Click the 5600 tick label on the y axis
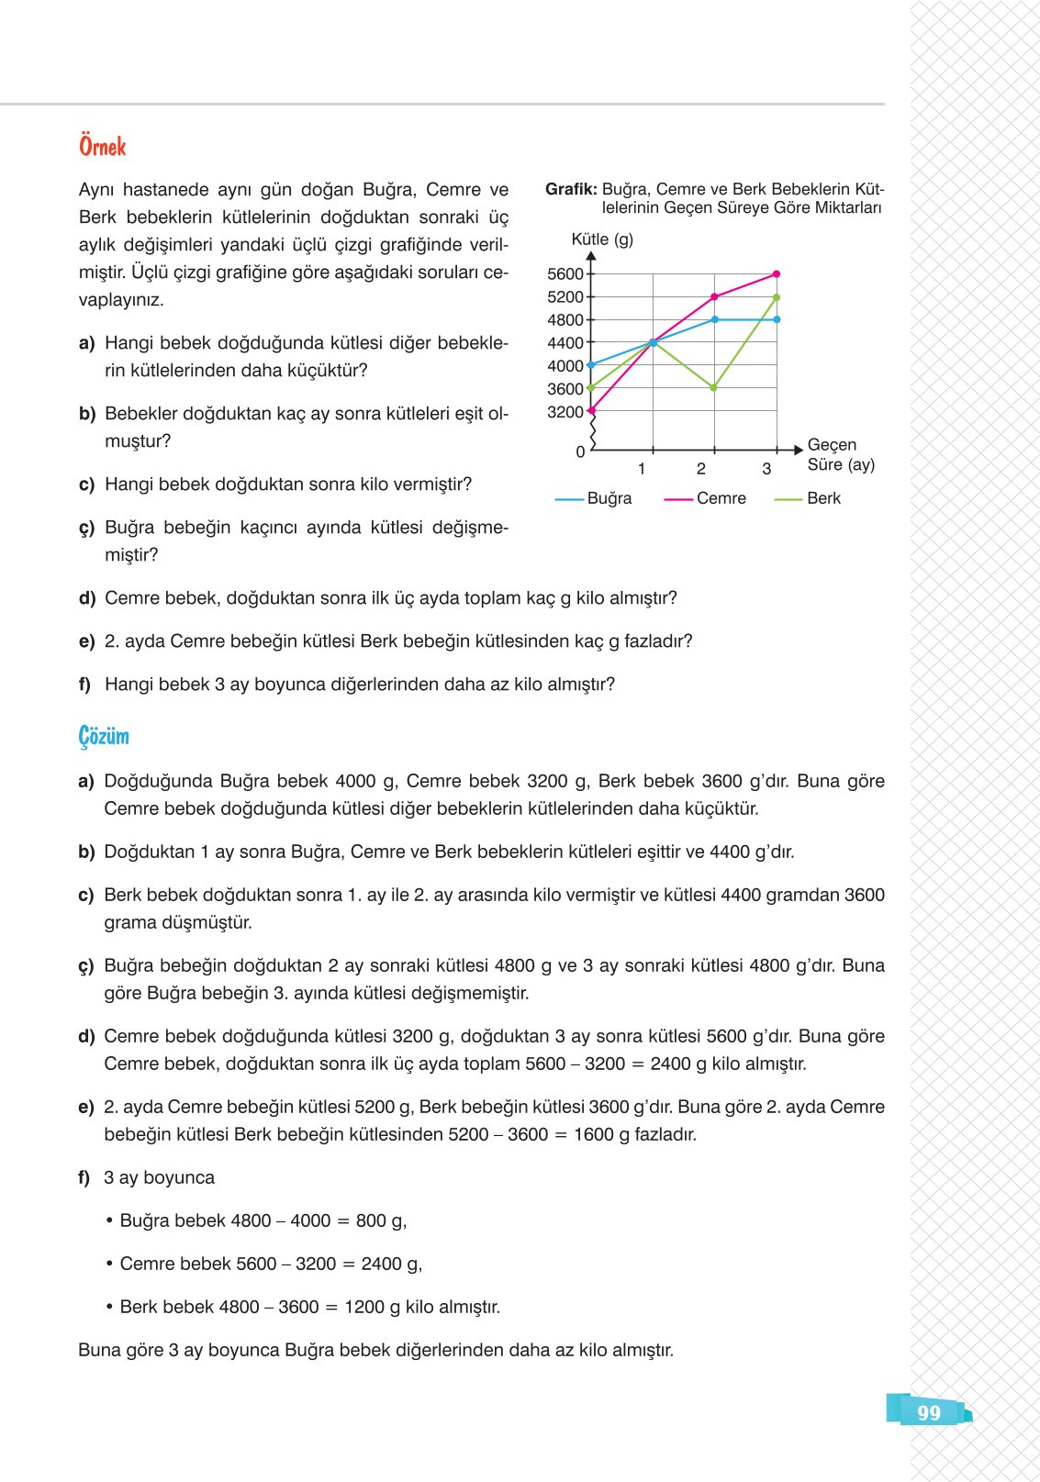[565, 274]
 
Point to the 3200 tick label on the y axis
[565, 412]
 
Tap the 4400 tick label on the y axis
[565, 343]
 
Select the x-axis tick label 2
[701, 469]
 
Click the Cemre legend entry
[721, 498]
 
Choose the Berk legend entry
[822, 498]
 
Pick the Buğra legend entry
[609, 498]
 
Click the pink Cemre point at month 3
[777, 274]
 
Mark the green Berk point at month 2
[714, 388]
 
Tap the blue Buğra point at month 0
[591, 365]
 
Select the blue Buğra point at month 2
[714, 319]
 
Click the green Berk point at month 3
[777, 297]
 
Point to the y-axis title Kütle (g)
[602, 240]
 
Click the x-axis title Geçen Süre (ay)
[839, 455]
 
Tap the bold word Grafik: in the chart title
[571, 189]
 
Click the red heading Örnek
[102, 147]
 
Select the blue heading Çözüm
[104, 737]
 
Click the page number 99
[928, 1413]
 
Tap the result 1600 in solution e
[593, 1135]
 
